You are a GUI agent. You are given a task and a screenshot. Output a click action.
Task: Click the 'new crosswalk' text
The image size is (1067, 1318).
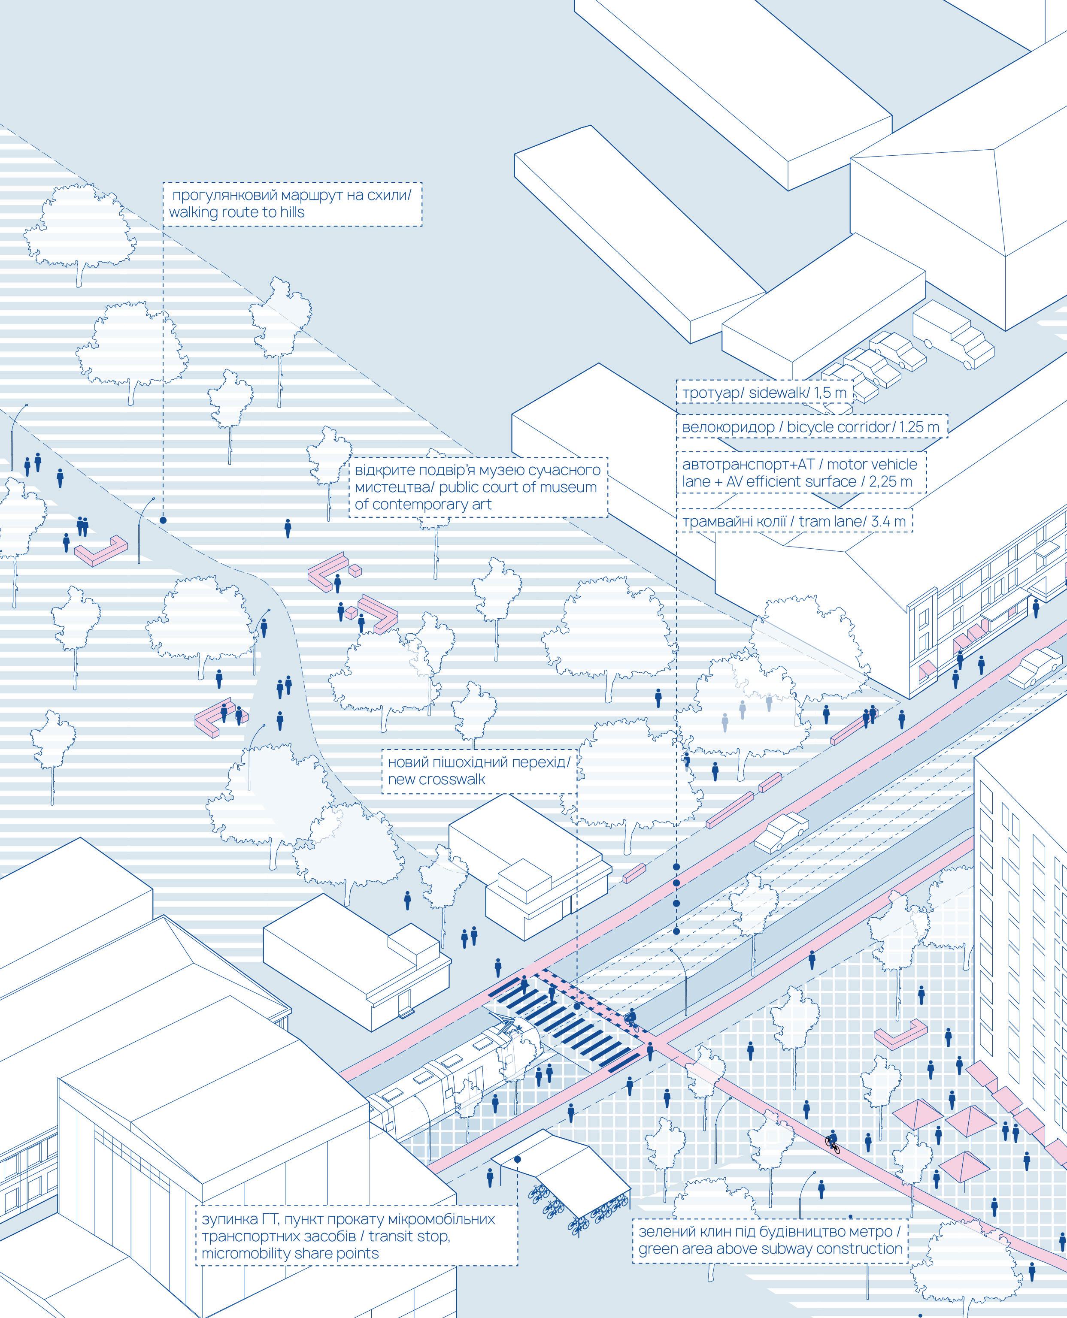[x=436, y=780]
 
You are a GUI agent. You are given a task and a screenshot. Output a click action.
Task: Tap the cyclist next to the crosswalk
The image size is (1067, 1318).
[x=631, y=1019]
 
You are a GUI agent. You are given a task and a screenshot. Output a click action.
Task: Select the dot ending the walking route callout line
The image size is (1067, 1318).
[x=163, y=520]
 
